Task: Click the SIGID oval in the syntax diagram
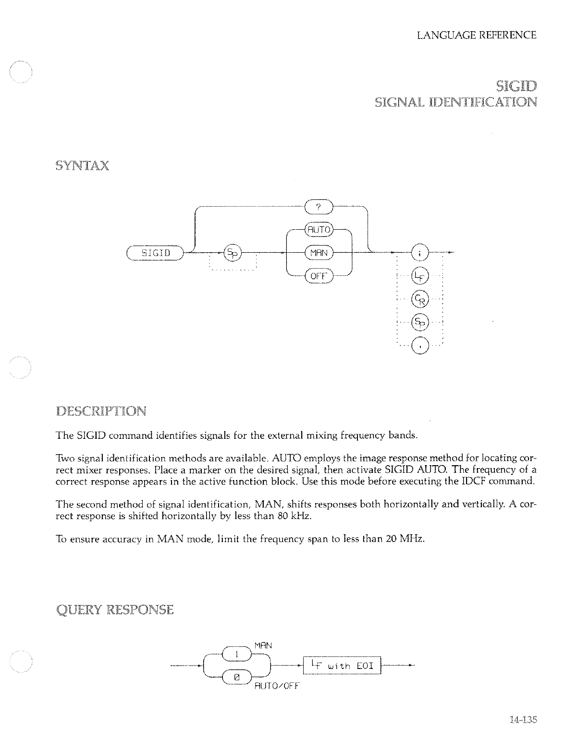155,252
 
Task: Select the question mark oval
319,207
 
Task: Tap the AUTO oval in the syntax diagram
319,230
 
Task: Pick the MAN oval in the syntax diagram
319,252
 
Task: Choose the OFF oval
319,276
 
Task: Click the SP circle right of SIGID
233,252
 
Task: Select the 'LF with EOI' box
341,666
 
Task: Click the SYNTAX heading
82,166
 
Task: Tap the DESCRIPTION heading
101,411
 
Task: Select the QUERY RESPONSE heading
114,610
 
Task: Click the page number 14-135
522,719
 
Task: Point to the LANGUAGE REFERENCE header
477,35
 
